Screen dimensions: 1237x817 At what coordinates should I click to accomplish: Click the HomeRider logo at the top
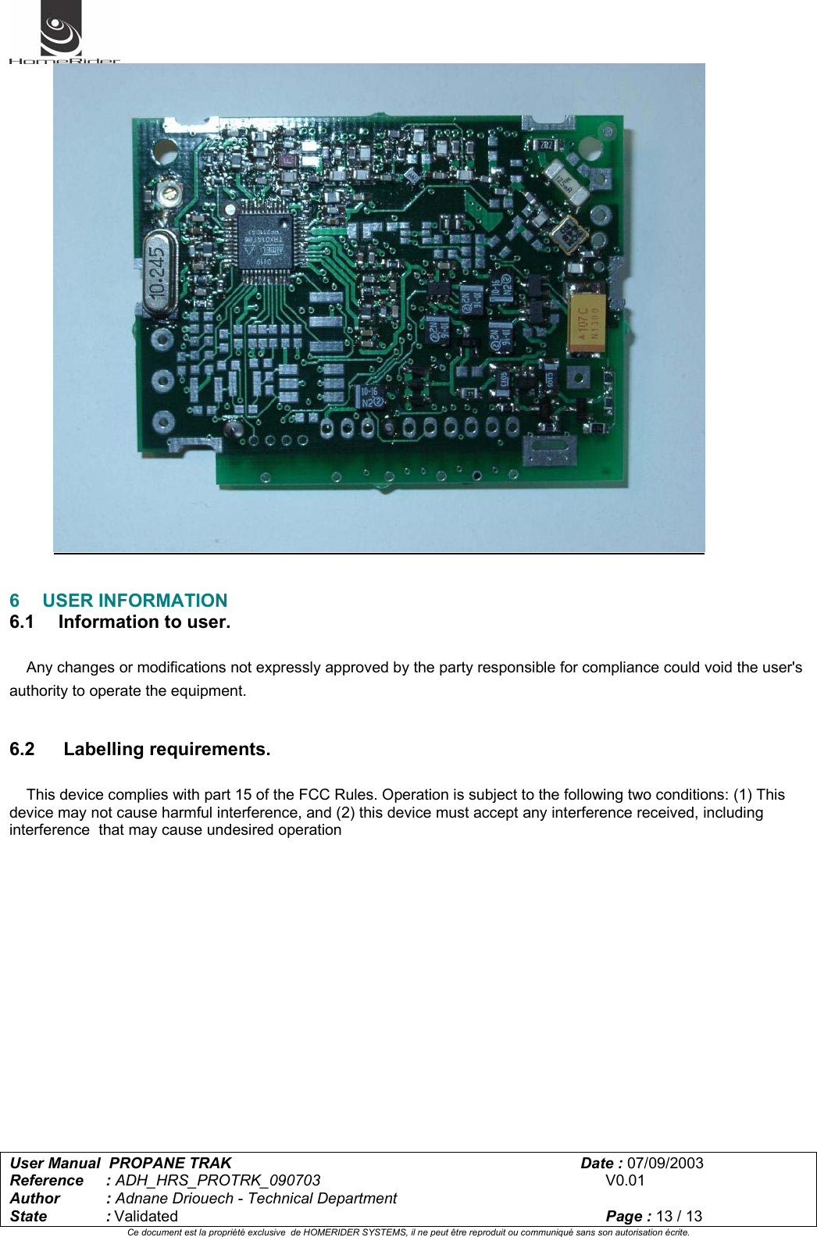(x=62, y=33)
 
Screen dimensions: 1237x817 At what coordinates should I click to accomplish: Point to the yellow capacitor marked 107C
(x=589, y=322)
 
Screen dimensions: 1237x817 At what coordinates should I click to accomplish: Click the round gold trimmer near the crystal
(x=167, y=192)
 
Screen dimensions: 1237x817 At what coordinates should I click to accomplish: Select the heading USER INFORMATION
(x=134, y=601)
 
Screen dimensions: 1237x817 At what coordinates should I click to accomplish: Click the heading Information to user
(x=144, y=622)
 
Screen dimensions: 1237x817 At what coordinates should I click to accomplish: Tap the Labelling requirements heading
(x=166, y=750)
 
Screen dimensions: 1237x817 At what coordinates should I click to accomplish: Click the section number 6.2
(x=22, y=750)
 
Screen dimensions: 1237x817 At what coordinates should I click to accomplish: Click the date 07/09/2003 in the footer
(x=665, y=1163)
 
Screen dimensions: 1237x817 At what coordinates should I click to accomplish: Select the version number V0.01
(x=625, y=1181)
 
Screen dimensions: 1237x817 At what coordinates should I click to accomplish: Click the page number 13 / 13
(x=679, y=1216)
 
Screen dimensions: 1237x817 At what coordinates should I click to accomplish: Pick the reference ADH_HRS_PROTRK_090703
(x=218, y=1181)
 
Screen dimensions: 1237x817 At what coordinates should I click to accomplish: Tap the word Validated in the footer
(x=146, y=1216)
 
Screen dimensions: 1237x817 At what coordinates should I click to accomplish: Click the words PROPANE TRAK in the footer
(x=170, y=1163)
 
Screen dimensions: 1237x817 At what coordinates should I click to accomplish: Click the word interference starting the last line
(x=49, y=830)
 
